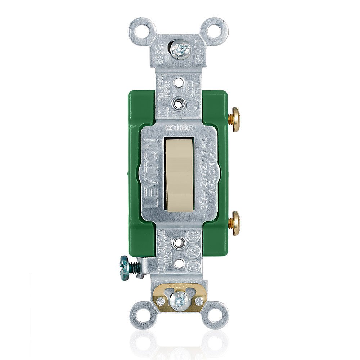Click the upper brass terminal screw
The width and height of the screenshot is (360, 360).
[x=235, y=119]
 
